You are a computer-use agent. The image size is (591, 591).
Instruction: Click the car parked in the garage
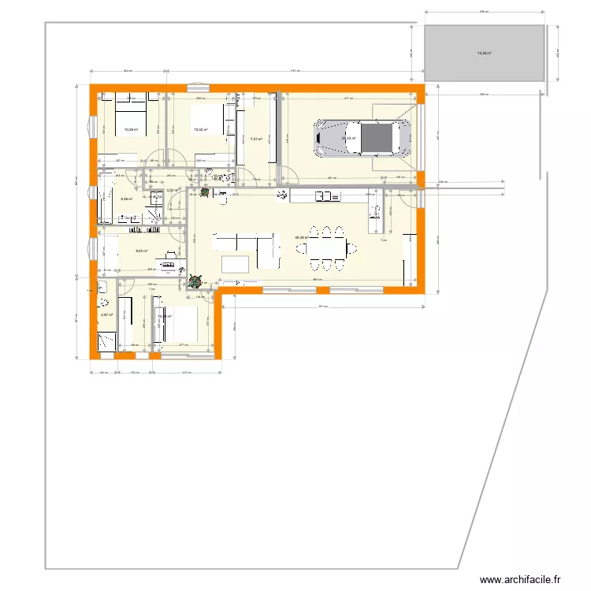[x=363, y=139]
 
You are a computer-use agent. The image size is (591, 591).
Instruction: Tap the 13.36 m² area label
[x=484, y=54]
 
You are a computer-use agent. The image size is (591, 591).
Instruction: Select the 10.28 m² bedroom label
[x=130, y=130]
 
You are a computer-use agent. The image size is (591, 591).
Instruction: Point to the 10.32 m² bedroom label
[x=200, y=130]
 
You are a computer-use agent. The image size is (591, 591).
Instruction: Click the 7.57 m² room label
[x=255, y=139]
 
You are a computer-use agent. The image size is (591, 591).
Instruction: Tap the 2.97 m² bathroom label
[x=106, y=315]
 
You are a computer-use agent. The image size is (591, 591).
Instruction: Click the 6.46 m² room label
[x=126, y=199]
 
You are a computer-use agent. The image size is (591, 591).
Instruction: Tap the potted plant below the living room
[x=195, y=279]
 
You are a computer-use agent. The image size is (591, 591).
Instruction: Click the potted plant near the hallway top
[x=206, y=191]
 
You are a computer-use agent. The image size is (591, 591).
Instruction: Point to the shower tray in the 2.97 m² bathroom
[x=105, y=340]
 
